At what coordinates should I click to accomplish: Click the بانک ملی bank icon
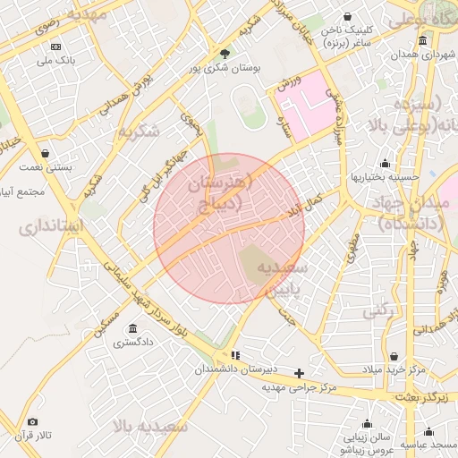[x=56, y=46]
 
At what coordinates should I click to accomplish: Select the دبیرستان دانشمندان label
[x=235, y=369]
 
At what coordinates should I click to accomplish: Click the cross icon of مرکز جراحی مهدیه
[x=299, y=373]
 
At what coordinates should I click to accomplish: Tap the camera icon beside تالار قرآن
[x=33, y=421]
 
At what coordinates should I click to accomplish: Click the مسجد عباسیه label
[x=428, y=444]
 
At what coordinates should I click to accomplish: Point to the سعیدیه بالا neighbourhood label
[x=149, y=426]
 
